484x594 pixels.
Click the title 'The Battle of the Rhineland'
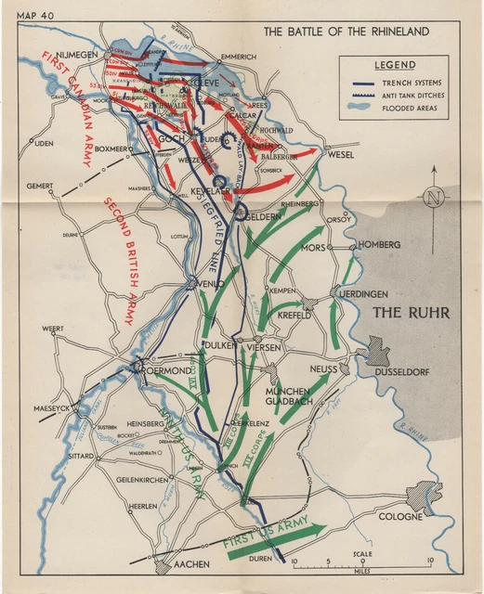346,32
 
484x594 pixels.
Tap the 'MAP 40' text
35,16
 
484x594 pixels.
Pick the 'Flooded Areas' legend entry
409,108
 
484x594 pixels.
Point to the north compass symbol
432,197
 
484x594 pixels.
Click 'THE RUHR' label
411,313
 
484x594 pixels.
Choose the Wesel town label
341,155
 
